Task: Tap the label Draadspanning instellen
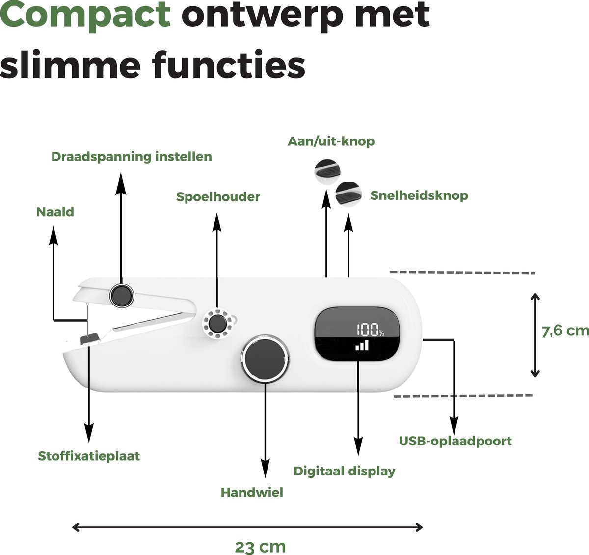pyautogui.click(x=132, y=157)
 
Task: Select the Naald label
pyautogui.click(x=55, y=212)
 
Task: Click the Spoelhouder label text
pyautogui.click(x=218, y=197)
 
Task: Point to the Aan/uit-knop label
pyautogui.click(x=331, y=141)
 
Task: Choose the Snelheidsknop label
pyautogui.click(x=419, y=195)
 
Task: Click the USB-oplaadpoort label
pyautogui.click(x=455, y=441)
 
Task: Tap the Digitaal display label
pyautogui.click(x=345, y=472)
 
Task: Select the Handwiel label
pyautogui.click(x=252, y=492)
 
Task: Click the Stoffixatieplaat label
pyautogui.click(x=89, y=456)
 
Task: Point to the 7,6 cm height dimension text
pyautogui.click(x=565, y=331)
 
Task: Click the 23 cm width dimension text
pyautogui.click(x=260, y=547)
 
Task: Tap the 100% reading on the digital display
pyautogui.click(x=370, y=330)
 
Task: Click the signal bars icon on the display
pyautogui.click(x=362, y=345)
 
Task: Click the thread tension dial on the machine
pyautogui.click(x=121, y=295)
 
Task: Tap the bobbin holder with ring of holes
pyautogui.click(x=218, y=324)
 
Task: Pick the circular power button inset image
pyautogui.click(x=327, y=172)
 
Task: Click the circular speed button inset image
pyautogui.click(x=348, y=194)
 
